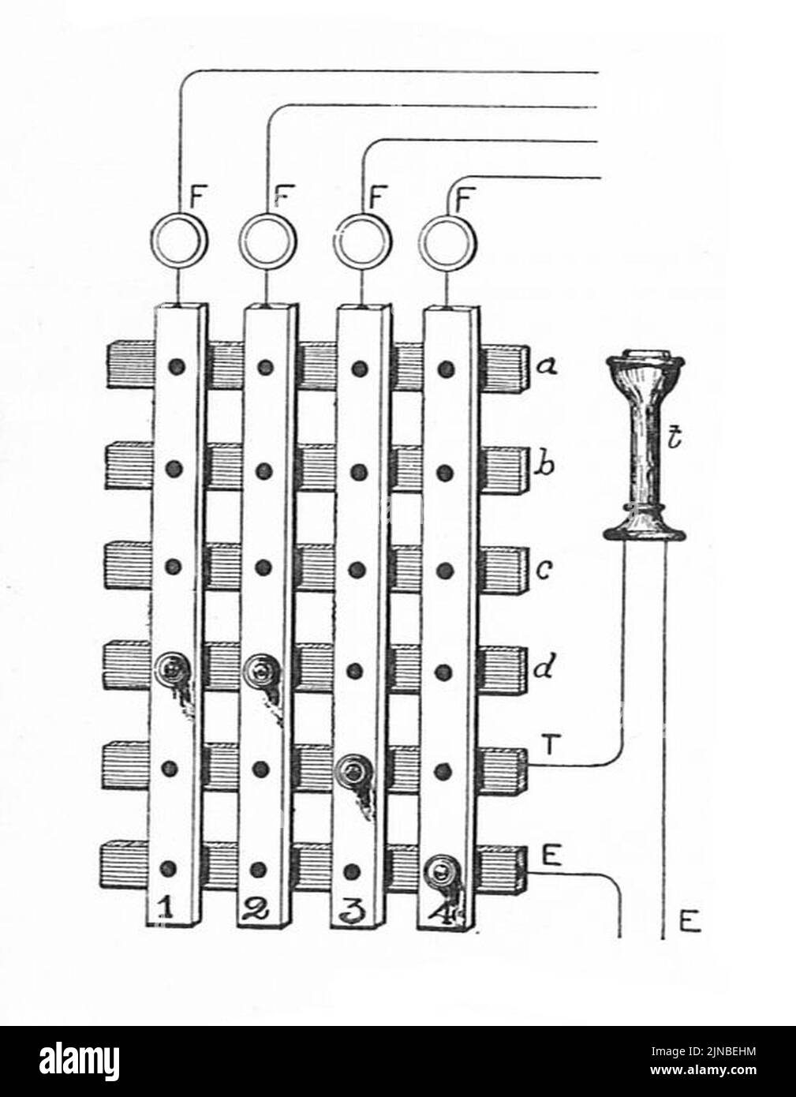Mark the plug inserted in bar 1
(172, 671)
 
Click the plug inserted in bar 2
(260, 671)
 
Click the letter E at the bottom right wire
(689, 922)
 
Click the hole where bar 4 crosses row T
(445, 769)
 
